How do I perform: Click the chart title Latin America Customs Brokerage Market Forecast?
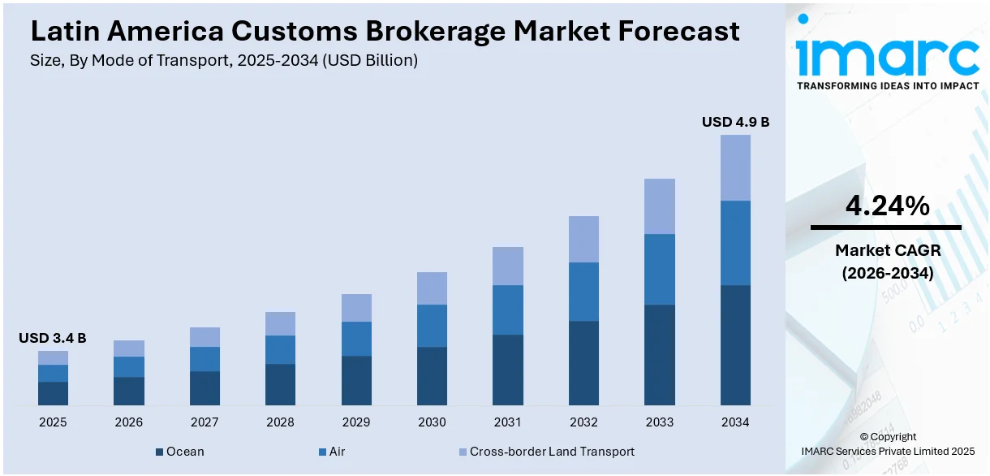tap(385, 31)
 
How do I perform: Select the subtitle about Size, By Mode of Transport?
tap(224, 61)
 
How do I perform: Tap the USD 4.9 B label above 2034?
tap(735, 122)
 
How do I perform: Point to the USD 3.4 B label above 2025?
tap(53, 338)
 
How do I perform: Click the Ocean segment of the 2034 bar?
tap(735, 344)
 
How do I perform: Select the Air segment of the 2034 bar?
tap(735, 242)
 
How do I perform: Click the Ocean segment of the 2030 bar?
tap(432, 375)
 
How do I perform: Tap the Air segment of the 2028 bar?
tap(280, 349)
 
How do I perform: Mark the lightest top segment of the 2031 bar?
tap(507, 266)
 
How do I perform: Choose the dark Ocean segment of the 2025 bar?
tap(53, 393)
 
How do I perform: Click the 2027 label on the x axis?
tap(204, 422)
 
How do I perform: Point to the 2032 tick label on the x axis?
tap(583, 422)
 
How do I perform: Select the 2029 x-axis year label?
tap(356, 422)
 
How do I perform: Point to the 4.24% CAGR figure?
tap(887, 206)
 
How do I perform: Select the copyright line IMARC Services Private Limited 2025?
tap(887, 451)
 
